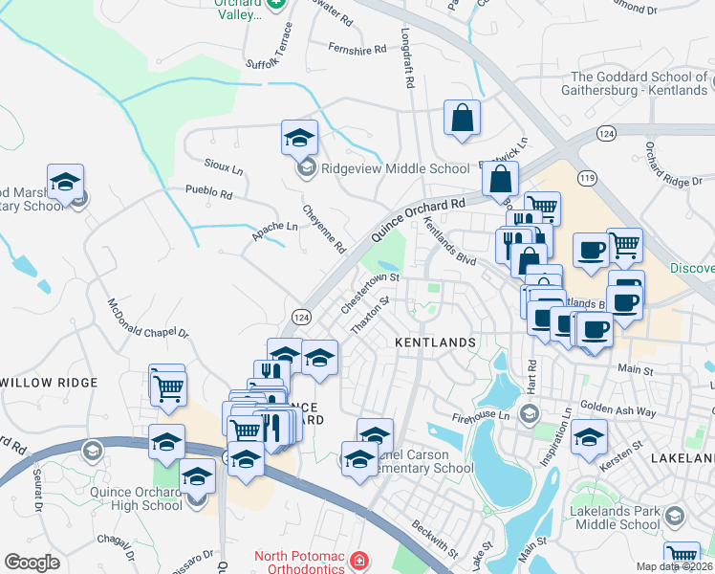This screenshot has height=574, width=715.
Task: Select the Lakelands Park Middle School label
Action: click(613, 518)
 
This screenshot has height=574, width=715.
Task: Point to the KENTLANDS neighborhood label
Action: click(436, 342)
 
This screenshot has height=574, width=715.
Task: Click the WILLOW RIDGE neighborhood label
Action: click(50, 383)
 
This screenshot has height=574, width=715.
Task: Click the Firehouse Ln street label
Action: click(483, 414)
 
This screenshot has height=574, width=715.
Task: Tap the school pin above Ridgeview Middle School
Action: click(299, 138)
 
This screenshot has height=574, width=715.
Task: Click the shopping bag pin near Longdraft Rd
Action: click(462, 119)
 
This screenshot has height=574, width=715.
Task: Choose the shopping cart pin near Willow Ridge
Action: click(168, 387)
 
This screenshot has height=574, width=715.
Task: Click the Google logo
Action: click(32, 563)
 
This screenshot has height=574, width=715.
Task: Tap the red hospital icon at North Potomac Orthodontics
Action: click(357, 559)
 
